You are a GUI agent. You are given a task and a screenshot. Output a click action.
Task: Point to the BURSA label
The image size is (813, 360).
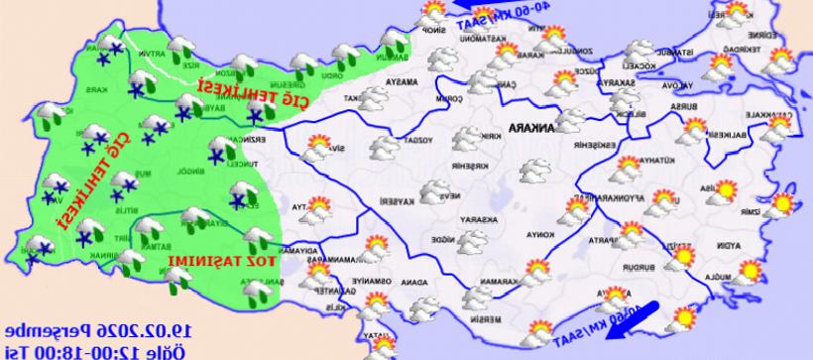tap(678, 104)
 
